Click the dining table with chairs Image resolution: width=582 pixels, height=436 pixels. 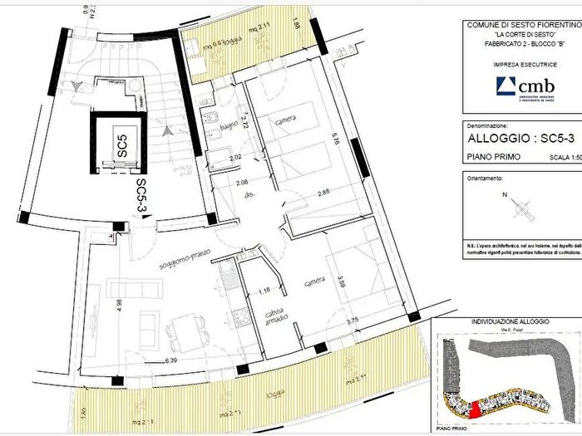point(185,331)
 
